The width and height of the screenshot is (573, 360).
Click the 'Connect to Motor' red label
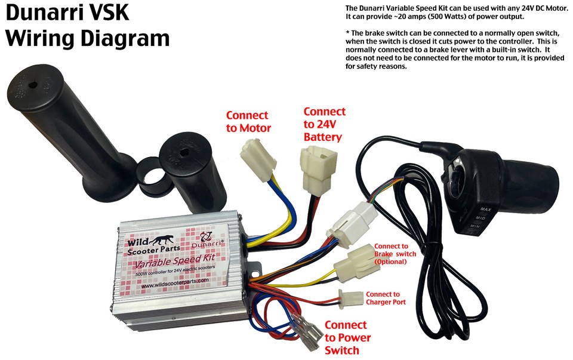(247, 121)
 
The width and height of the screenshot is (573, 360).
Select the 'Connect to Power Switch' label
(346, 337)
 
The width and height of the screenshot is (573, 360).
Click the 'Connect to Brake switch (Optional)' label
(394, 254)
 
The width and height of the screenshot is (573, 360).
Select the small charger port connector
(350, 297)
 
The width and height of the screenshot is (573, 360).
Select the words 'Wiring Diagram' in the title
(87, 38)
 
